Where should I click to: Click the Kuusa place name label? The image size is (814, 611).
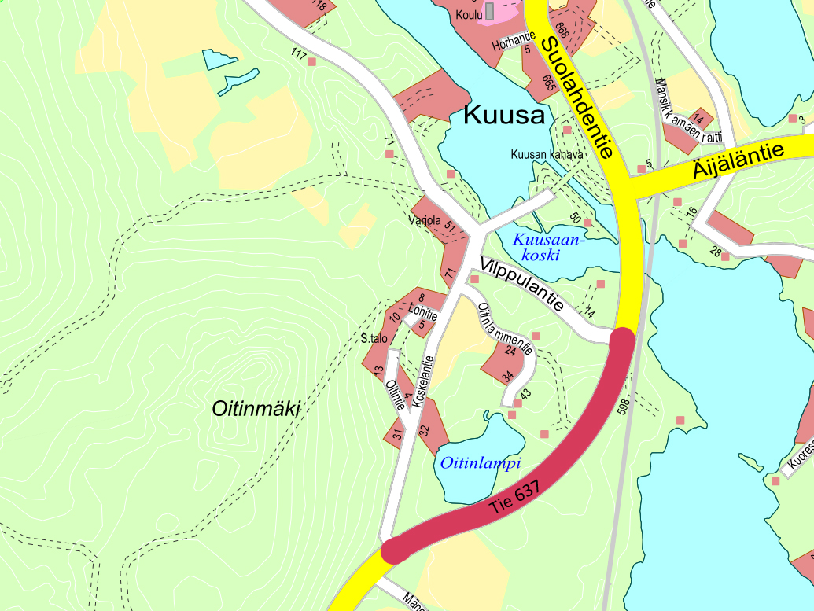click(x=504, y=116)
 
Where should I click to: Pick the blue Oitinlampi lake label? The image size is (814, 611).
click(x=481, y=463)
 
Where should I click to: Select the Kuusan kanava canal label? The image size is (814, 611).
click(x=547, y=155)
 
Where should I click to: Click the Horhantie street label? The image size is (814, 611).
click(x=514, y=40)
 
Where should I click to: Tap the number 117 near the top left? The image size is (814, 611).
click(x=297, y=54)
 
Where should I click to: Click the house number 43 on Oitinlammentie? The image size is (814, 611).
click(x=525, y=394)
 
